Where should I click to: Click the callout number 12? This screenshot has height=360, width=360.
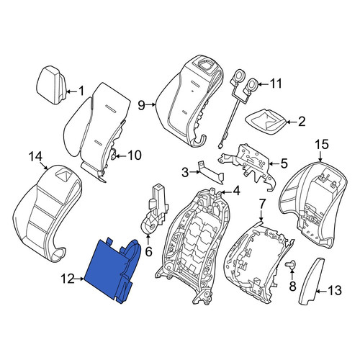pyautogui.click(x=68, y=279)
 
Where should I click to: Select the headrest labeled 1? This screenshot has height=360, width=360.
pyautogui.click(x=51, y=85)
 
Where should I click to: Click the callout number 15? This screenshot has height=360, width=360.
pyautogui.click(x=322, y=145)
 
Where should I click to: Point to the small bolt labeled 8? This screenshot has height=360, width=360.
pyautogui.click(x=290, y=264)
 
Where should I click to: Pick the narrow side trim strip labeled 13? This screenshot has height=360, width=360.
pyautogui.click(x=311, y=282)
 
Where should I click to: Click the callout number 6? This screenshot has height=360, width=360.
pyautogui.click(x=149, y=251)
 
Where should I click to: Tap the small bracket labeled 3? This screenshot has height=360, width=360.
pyautogui.click(x=211, y=172)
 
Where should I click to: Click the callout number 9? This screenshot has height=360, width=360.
pyautogui.click(x=142, y=105)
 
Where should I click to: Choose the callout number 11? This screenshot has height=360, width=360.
pyautogui.click(x=275, y=84)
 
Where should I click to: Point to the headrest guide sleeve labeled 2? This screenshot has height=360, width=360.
pyautogui.click(x=266, y=122)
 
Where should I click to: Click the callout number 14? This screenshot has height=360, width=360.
pyautogui.click(x=35, y=156)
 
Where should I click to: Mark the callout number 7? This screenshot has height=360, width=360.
pyautogui.click(x=261, y=204)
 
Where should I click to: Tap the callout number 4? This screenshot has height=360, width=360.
pyautogui.click(x=236, y=191)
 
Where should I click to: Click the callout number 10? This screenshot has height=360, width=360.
pyautogui.click(x=135, y=155)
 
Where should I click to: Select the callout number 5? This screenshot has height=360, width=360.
pyautogui.click(x=284, y=163)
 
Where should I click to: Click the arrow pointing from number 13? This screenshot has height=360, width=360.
pyautogui.click(x=321, y=292)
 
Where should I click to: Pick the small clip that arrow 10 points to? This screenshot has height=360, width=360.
pyautogui.click(x=113, y=154)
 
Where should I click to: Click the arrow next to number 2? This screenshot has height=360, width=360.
pyautogui.click(x=291, y=122)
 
